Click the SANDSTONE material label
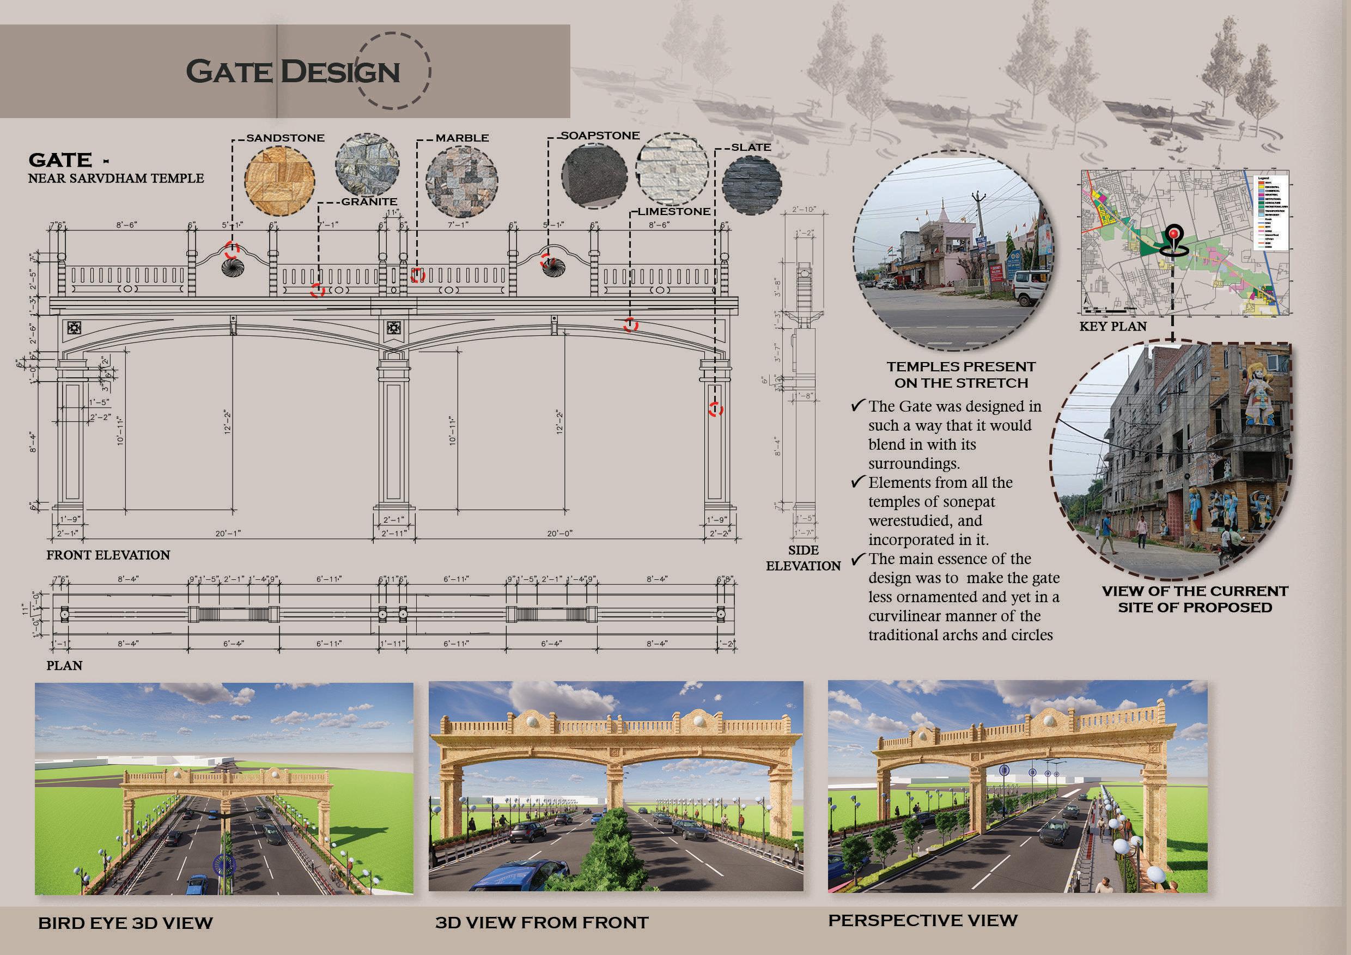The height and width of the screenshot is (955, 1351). [285, 138]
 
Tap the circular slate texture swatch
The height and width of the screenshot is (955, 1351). [751, 184]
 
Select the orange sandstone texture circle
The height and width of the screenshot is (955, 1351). [279, 180]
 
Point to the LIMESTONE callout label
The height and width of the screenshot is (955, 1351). [674, 212]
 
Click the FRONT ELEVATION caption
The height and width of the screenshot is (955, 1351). [108, 555]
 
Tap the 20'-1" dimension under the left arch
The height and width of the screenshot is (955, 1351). [228, 534]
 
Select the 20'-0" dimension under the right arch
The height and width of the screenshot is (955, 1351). [559, 534]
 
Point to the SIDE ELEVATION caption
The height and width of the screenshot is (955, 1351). [803, 558]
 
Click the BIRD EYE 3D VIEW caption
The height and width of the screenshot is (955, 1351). [125, 923]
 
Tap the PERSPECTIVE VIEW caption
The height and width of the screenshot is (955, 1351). [923, 921]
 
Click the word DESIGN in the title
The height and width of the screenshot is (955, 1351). [340, 72]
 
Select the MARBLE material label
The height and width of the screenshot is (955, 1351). [462, 138]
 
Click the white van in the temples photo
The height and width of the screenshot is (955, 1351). [1027, 288]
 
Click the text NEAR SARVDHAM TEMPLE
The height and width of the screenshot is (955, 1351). [116, 178]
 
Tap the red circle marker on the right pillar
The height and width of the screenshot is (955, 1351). [715, 409]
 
